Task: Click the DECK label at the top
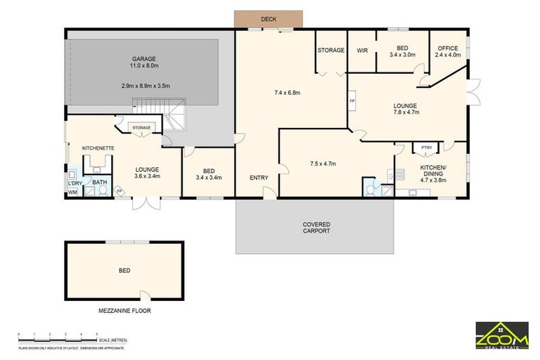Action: pyautogui.click(x=269, y=19)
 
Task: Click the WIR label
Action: pyautogui.click(x=363, y=51)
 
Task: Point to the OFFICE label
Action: pyautogui.click(x=447, y=48)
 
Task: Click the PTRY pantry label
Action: pyautogui.click(x=426, y=148)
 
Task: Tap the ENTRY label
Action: pyautogui.click(x=259, y=178)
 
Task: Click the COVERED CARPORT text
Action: pyautogui.click(x=316, y=228)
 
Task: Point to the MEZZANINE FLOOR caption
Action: pyautogui.click(x=124, y=310)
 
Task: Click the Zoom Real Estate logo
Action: pyautogui.click(x=501, y=335)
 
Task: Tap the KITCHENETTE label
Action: pyautogui.click(x=98, y=148)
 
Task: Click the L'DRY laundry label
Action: pyautogui.click(x=75, y=184)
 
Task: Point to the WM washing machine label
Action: pyautogui.click(x=72, y=192)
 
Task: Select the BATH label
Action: pyautogui.click(x=99, y=182)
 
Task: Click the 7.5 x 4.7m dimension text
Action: pyautogui.click(x=323, y=164)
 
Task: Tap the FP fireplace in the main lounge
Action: pyautogui.click(x=352, y=101)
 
